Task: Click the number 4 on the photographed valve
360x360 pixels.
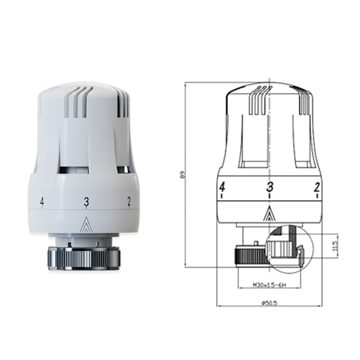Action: pos(42,201)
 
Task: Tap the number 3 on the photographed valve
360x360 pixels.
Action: pos(86,201)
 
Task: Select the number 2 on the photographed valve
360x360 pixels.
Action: pos(129,201)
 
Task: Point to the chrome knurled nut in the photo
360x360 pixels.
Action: pos(83,257)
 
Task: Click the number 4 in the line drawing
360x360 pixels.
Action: pos(222,187)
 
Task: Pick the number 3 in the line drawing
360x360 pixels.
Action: pos(269,187)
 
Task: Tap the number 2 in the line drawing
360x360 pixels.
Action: pos(316,187)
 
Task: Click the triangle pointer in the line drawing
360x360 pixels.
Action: pos(269,214)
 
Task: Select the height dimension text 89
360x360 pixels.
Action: pos(183,175)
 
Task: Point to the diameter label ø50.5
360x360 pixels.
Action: pos(269,302)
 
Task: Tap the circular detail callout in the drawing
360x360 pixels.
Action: pos(289,248)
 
